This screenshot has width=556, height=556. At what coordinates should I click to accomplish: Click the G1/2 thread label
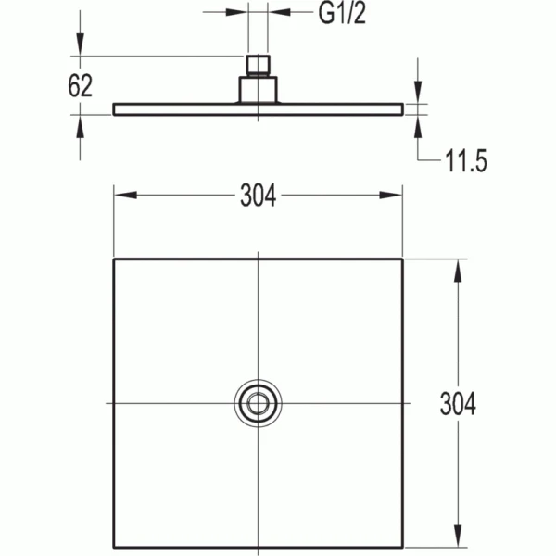point(342,14)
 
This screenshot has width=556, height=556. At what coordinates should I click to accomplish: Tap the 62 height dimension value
point(80,86)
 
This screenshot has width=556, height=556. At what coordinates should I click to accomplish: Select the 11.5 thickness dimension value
point(466,161)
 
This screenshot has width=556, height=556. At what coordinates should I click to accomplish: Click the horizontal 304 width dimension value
point(259,196)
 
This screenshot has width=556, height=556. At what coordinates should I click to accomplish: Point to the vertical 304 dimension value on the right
point(458,403)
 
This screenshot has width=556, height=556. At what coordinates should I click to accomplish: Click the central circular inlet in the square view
point(259,403)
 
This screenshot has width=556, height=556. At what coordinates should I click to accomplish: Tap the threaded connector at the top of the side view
point(259,65)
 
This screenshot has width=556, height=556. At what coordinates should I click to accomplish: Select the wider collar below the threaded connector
point(259,89)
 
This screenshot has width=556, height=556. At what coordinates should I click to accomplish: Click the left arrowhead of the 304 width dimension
point(125,195)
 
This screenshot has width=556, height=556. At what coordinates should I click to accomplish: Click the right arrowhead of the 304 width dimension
point(391,195)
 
